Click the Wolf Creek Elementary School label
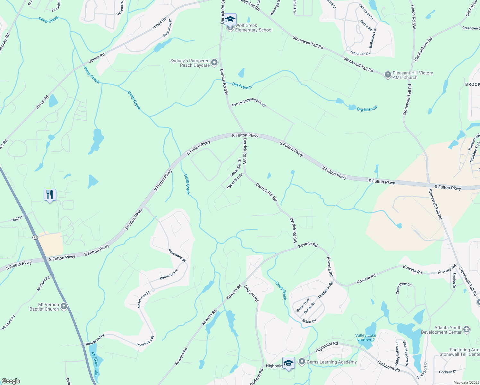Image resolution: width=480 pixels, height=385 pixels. pyautogui.click(x=253, y=28)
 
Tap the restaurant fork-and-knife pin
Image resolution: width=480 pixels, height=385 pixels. pyautogui.click(x=50, y=195)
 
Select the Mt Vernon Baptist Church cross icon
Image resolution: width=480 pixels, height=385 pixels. pyautogui.click(x=64, y=306)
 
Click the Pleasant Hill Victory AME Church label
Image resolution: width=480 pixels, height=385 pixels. pyautogui.click(x=413, y=75)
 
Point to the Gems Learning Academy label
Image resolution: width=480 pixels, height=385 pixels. pyautogui.click(x=331, y=362)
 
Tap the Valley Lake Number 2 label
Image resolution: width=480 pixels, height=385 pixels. pyautogui.click(x=365, y=338)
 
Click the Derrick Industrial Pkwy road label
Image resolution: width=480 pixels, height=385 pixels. pyautogui.click(x=249, y=102)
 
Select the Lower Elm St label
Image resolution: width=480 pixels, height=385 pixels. pyautogui.click(x=236, y=167)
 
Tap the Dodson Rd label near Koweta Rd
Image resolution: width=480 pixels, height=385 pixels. pyautogui.click(x=251, y=293)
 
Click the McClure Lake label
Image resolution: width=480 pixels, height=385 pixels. pyautogui.click(x=95, y=364)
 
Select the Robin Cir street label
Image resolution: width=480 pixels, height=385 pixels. pyautogui.click(x=309, y=321)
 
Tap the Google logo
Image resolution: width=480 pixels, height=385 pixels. pyautogui.click(x=11, y=381)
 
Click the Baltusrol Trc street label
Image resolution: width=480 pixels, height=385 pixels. pyautogui.click(x=168, y=275)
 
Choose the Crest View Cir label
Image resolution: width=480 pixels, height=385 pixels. pyautogui.click(x=403, y=288)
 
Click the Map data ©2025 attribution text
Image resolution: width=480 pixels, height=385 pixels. pyautogui.click(x=466, y=382)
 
